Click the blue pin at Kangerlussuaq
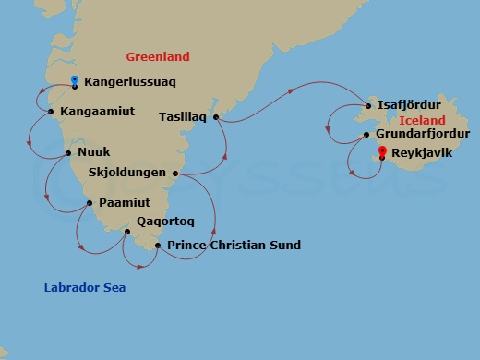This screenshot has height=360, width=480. click(x=74, y=81)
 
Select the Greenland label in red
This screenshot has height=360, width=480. click(x=157, y=55)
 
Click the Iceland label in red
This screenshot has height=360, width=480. click(x=422, y=121)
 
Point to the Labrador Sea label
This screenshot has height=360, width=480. click(x=85, y=288)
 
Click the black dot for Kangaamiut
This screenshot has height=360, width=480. click(x=50, y=112)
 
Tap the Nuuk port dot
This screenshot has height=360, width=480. click(x=69, y=152)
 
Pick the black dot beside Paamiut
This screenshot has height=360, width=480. click(x=89, y=202)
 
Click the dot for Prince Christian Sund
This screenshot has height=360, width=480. click(x=158, y=246)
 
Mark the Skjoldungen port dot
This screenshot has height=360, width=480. click(x=175, y=173)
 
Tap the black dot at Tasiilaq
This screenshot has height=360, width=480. click(x=215, y=117)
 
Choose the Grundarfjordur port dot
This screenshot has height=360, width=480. click(x=366, y=135)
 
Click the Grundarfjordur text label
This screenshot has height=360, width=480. click(x=423, y=134)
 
